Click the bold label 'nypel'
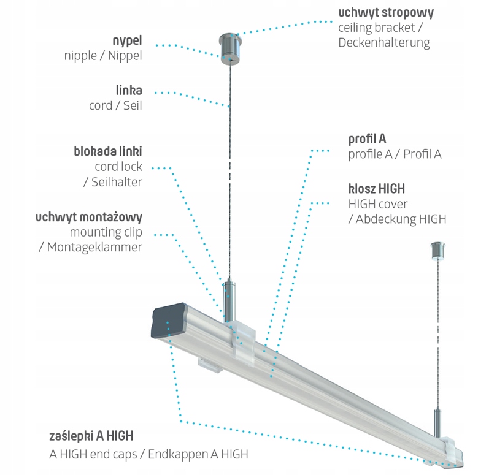pos(128,40)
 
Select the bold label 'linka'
pos(129,91)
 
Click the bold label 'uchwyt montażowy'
pos(89,217)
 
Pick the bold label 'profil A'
pos(367,139)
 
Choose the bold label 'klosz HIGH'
pos(376,188)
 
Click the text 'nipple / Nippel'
pos(103,56)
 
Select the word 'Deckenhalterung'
pos(384,43)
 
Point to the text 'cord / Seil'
pos(115,105)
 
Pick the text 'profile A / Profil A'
pos(395,154)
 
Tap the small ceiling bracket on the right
pos(438,250)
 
